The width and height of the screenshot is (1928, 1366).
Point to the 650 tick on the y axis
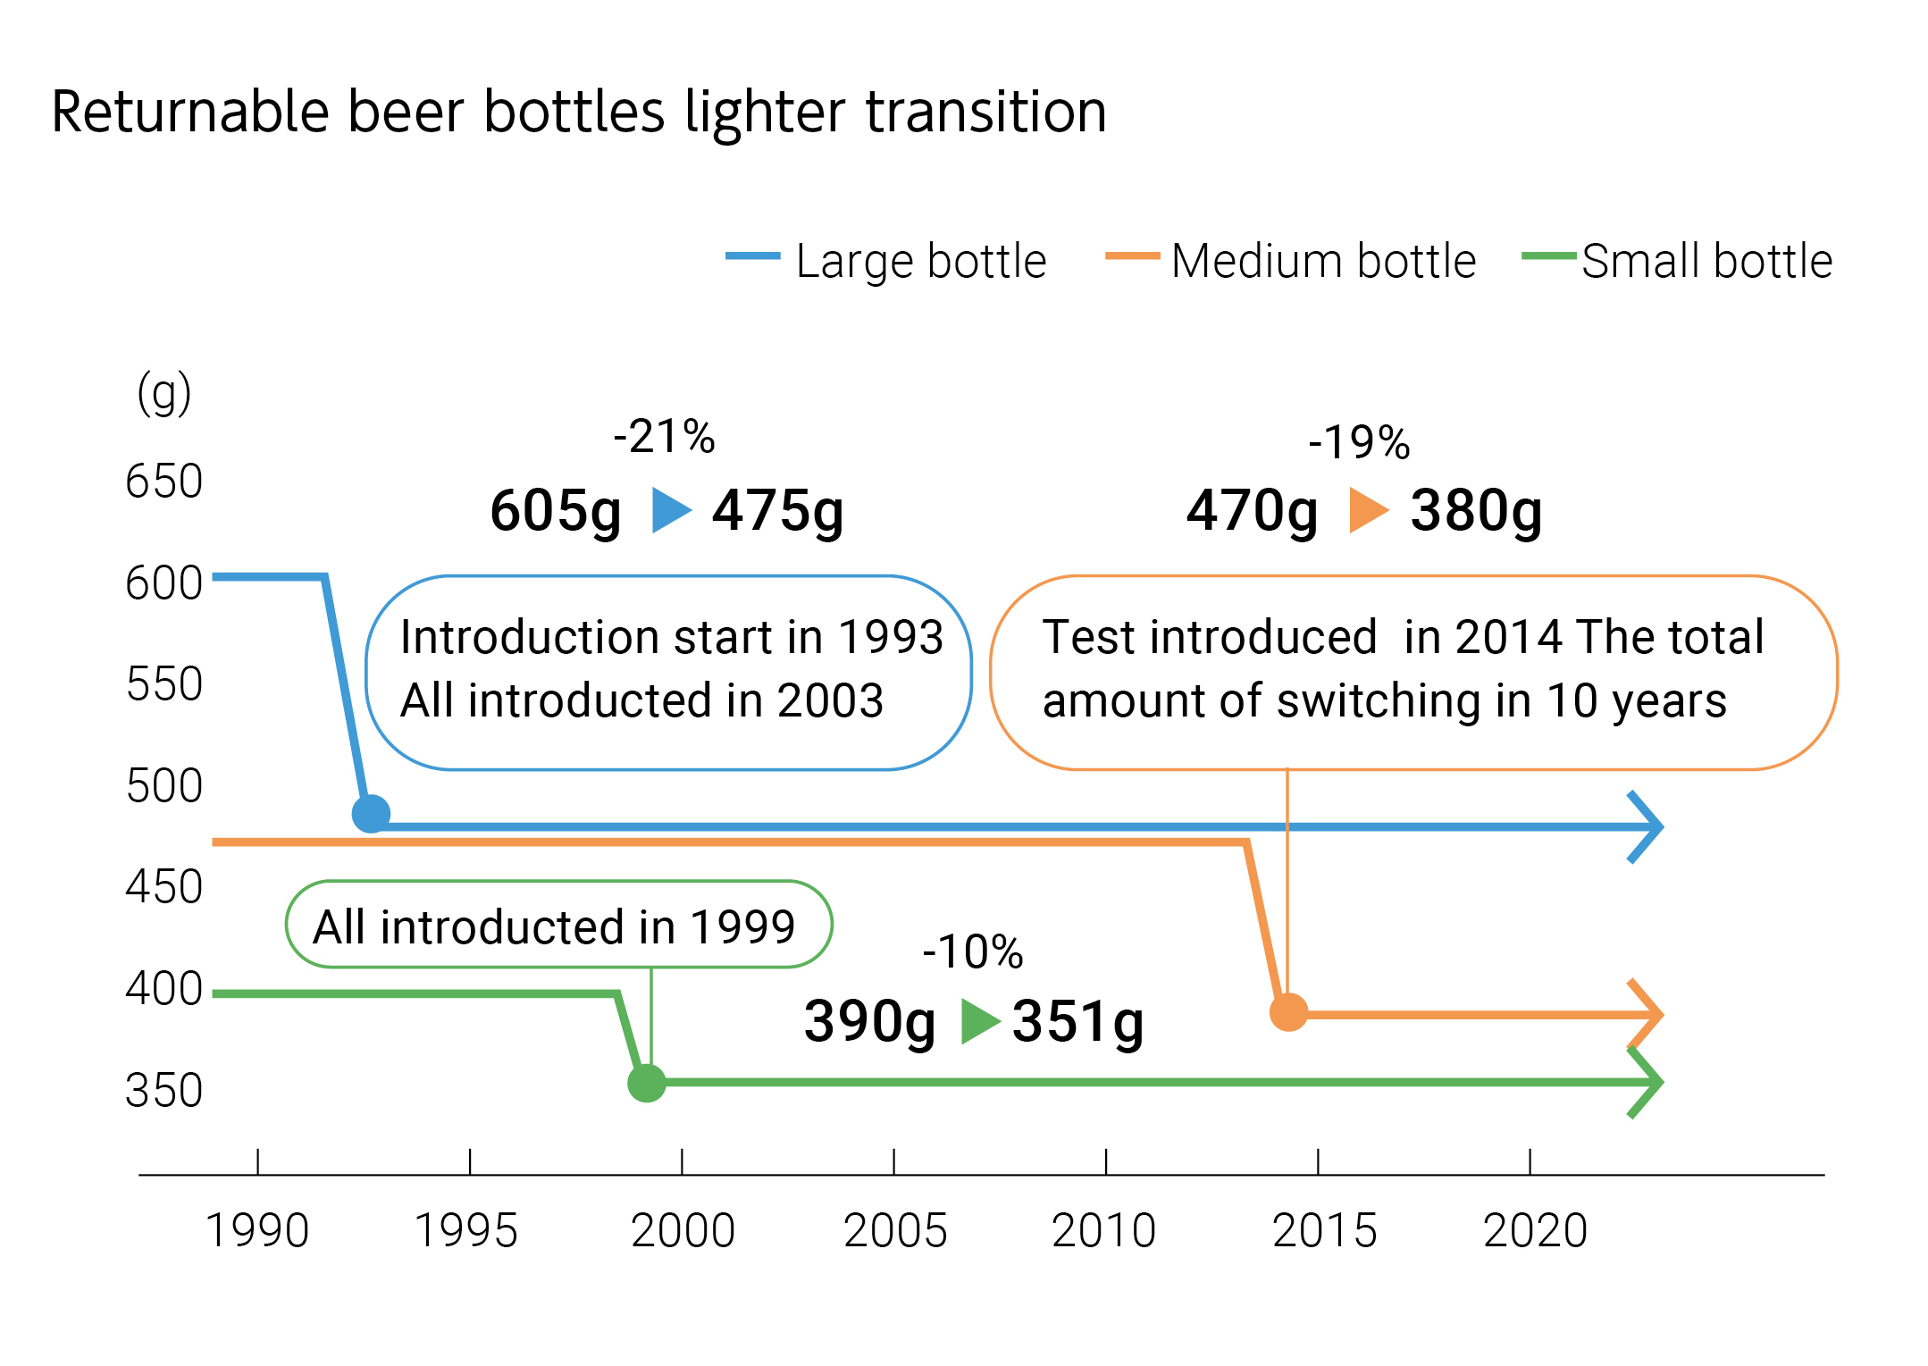click(x=164, y=482)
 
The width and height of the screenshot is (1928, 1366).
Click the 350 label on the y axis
click(x=164, y=1091)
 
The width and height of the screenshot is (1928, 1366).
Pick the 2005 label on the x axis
click(x=895, y=1230)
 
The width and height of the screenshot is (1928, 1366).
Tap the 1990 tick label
click(x=257, y=1230)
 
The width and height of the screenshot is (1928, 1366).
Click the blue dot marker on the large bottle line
click(x=372, y=814)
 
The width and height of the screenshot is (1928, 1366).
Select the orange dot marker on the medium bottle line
click(x=1288, y=1012)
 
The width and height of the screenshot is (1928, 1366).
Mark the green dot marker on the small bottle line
click(x=647, y=1083)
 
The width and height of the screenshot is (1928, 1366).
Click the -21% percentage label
click(x=664, y=437)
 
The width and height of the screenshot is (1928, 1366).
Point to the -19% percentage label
click(x=1359, y=442)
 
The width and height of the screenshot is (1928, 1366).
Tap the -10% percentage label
click(x=972, y=951)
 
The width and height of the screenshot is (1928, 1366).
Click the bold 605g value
click(x=556, y=511)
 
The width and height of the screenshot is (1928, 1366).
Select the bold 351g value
click(x=1077, y=1021)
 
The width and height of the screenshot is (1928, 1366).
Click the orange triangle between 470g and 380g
click(x=1367, y=510)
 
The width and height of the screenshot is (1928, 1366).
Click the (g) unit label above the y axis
click(x=164, y=393)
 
